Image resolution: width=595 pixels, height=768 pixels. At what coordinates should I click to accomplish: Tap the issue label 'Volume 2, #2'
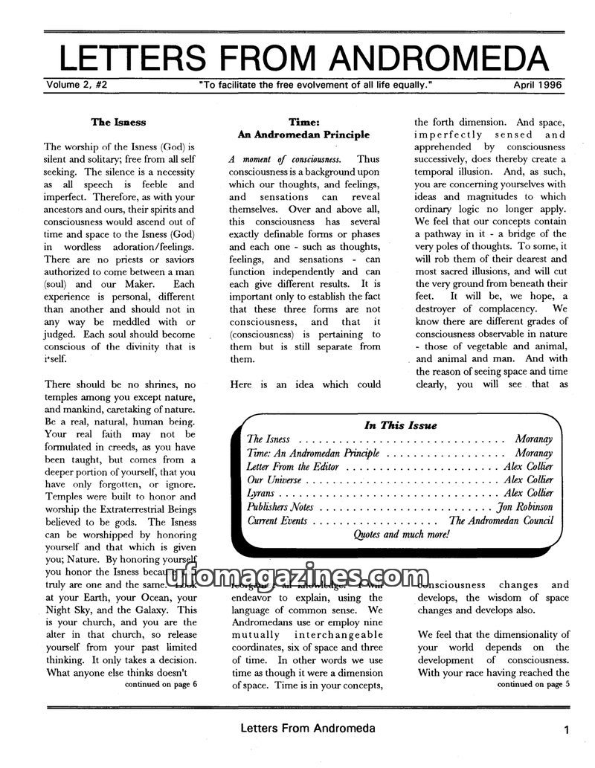coord(77,85)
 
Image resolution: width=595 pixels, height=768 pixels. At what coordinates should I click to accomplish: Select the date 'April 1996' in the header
coord(538,85)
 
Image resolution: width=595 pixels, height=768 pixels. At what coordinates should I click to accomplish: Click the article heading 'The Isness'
coord(118,122)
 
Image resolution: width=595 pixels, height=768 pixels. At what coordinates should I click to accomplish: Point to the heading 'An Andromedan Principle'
coord(303,135)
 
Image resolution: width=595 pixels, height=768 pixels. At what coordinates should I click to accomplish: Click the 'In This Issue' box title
coord(400,425)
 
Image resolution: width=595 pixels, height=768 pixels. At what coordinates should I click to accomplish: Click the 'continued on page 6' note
coord(161,684)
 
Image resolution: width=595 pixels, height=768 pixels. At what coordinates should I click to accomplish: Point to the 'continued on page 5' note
coord(533,684)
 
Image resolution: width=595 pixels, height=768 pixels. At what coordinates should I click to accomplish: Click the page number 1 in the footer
coord(567,731)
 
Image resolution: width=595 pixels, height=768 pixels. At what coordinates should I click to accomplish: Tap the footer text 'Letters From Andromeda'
coord(307,729)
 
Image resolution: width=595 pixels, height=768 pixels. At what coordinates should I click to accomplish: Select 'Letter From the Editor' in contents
coord(292,466)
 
